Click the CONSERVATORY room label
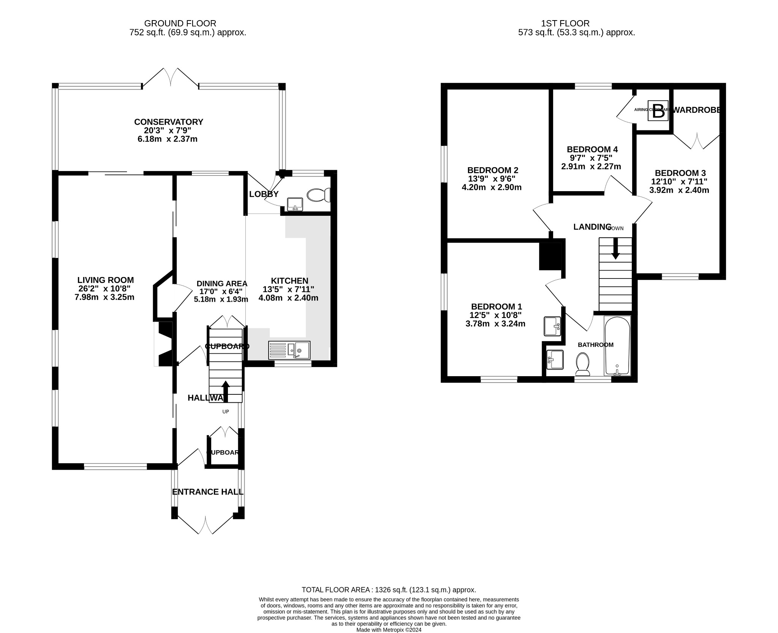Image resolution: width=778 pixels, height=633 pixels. click(169, 122)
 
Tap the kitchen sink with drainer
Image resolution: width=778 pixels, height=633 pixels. click(289, 350)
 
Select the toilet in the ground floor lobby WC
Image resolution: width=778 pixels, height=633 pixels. click(319, 195)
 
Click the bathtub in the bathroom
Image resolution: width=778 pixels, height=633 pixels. click(617, 346)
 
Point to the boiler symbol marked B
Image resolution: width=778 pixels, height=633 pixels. click(658, 111)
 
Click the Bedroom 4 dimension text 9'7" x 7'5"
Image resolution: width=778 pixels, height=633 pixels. click(589, 158)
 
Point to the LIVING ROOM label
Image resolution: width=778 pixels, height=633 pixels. click(106, 280)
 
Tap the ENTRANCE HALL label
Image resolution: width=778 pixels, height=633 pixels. click(208, 492)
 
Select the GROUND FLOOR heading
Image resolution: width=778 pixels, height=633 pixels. click(180, 24)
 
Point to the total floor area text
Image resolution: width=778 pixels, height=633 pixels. click(389, 590)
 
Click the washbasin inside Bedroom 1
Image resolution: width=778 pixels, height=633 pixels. click(552, 326)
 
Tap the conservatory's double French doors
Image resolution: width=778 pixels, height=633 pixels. click(170, 78)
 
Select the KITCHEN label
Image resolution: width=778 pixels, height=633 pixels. click(289, 281)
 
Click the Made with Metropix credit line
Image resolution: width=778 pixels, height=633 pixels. click(389, 630)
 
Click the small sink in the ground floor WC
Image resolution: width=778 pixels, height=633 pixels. click(295, 204)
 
